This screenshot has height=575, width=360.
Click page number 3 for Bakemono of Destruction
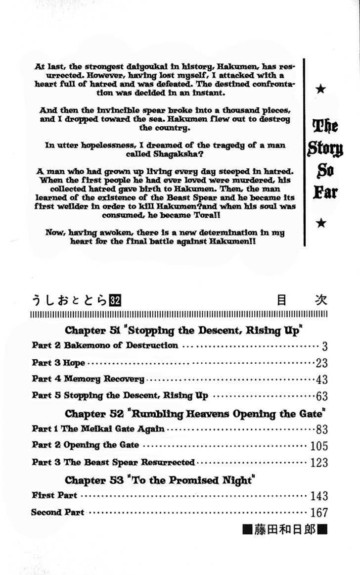point(324,346)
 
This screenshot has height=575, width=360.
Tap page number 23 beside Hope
point(321,363)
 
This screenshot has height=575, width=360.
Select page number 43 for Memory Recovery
point(321,380)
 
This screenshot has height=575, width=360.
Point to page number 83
point(321,429)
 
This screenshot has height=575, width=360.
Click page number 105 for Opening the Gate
point(319,446)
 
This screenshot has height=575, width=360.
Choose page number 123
point(319,463)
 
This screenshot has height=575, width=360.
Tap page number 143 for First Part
point(319,496)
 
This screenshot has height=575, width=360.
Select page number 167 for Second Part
point(319,513)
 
